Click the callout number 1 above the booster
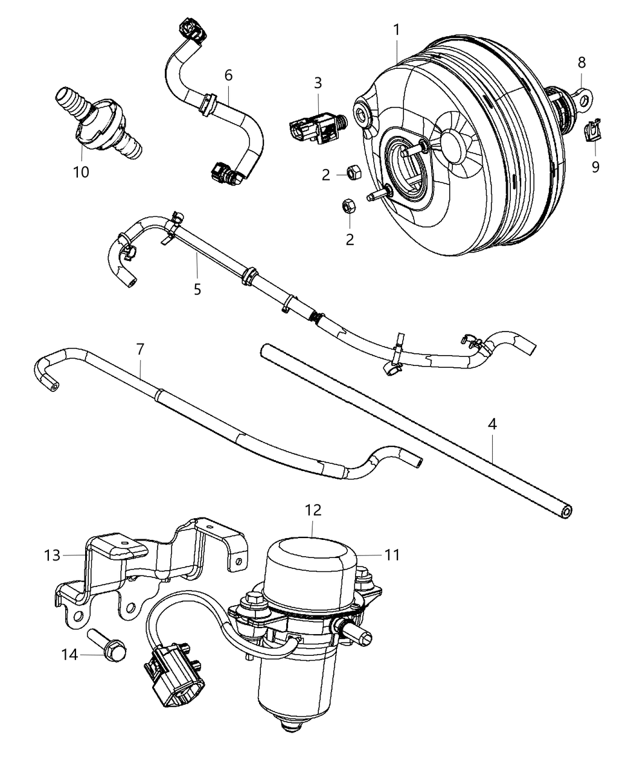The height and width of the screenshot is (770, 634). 396,28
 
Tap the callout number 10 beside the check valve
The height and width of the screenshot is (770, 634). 81,172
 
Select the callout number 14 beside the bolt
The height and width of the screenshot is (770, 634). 70,653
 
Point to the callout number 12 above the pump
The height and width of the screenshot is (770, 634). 312,510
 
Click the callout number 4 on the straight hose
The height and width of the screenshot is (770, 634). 492,425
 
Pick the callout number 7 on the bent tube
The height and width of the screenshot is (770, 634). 140,348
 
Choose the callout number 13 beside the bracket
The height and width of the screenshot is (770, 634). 53,554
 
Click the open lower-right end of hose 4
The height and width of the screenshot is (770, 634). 568,512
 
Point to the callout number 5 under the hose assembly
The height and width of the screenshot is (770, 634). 197,289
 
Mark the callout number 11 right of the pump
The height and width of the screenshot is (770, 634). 392,554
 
